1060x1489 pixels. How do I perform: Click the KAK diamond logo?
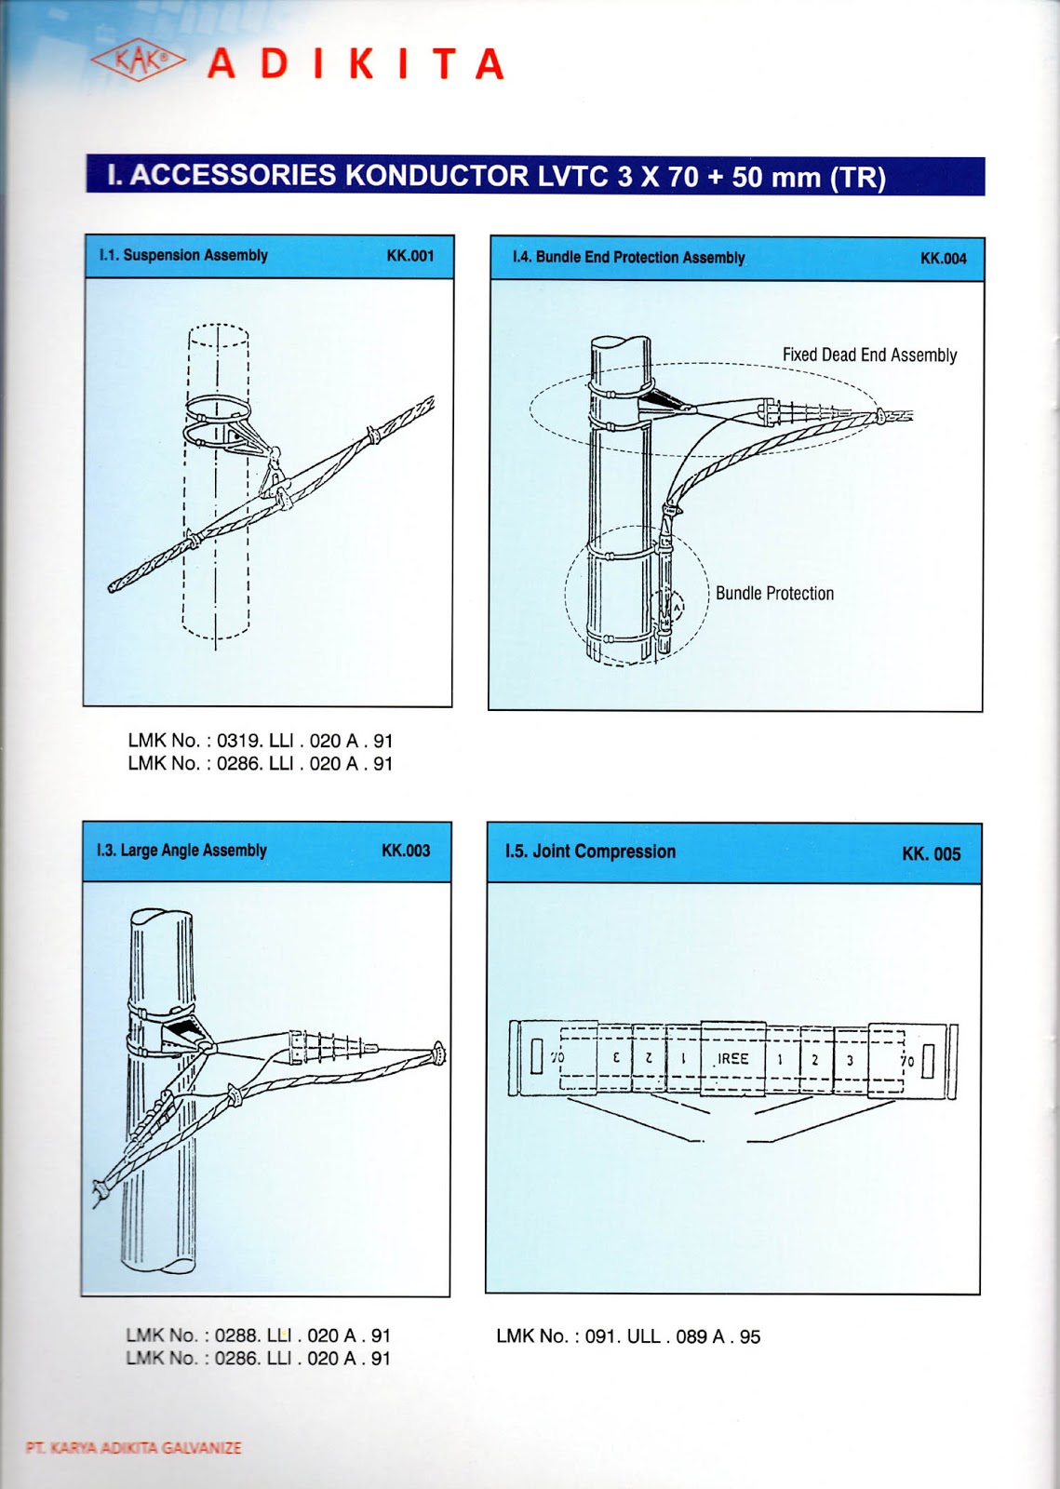[138, 61]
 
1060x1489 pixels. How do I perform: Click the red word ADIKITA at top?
[356, 64]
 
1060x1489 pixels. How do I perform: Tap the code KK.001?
[410, 256]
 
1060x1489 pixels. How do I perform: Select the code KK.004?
[943, 259]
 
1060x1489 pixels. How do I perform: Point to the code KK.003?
[406, 851]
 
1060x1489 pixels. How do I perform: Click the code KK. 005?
[931, 854]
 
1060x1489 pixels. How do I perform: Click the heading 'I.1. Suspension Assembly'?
[183, 255]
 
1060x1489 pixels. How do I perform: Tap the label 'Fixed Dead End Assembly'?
[869, 355]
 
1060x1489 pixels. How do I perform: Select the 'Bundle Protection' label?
[774, 594]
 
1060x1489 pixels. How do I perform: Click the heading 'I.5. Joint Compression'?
[590, 852]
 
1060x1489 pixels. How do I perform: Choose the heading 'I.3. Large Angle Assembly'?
[181, 851]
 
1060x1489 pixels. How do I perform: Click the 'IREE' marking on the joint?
[732, 1059]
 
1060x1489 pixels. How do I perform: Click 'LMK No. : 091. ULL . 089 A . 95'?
[628, 1336]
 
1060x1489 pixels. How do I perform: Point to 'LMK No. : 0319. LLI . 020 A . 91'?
[261, 741]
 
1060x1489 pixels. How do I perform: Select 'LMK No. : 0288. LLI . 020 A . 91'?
[259, 1335]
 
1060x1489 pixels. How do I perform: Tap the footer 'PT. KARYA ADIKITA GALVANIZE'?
[134, 1448]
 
